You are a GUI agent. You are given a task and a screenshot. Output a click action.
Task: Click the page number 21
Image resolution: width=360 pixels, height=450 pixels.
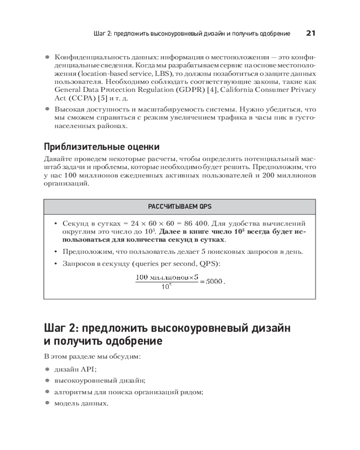(310, 33)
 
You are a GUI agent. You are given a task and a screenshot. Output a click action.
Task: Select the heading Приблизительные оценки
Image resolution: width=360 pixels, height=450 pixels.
(101, 147)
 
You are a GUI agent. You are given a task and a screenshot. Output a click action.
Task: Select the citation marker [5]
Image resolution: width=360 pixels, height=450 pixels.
(96, 98)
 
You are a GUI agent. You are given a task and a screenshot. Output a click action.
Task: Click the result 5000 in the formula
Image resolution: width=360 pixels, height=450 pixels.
(214, 281)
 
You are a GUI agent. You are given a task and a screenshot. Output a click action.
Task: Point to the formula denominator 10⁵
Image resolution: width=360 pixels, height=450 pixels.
(166, 288)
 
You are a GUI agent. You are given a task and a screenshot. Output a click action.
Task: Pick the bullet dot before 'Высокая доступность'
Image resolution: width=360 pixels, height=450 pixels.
(47, 109)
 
